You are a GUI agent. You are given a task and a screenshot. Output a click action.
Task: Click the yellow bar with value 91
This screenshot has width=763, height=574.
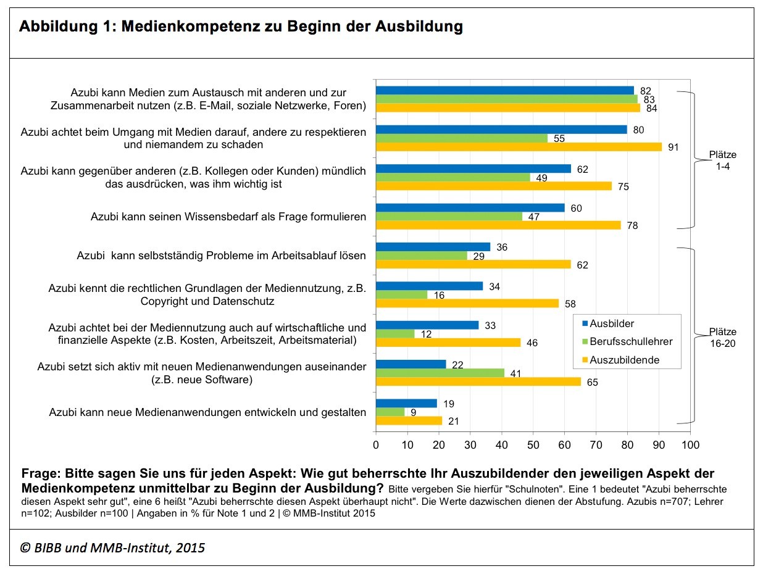519,147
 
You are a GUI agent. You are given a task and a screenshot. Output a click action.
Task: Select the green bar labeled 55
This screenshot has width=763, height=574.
462,138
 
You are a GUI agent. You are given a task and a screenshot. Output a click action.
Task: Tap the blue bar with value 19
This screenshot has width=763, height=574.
406,403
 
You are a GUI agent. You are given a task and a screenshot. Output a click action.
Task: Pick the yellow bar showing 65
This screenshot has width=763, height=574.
478,381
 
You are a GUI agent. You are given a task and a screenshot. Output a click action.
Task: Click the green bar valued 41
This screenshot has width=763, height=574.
440,373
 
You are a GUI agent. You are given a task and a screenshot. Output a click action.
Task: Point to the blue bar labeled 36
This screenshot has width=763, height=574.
433,247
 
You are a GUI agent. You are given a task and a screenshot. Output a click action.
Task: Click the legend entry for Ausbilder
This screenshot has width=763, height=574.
612,324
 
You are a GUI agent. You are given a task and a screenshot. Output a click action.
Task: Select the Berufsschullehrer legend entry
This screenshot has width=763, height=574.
626,341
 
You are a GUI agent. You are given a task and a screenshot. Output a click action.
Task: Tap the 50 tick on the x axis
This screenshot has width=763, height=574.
533,444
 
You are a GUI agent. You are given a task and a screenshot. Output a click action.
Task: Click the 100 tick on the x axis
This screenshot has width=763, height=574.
690,444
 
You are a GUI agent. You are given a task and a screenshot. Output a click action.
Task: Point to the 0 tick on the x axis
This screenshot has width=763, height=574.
376,444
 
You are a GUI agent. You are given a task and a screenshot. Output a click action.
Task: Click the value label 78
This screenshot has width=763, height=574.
632,226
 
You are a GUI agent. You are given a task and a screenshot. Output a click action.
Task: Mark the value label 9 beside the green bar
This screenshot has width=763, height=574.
414,412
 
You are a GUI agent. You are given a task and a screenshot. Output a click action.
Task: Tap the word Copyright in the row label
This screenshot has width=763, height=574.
167,302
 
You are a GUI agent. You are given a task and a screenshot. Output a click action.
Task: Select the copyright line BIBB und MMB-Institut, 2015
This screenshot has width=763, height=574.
113,547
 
